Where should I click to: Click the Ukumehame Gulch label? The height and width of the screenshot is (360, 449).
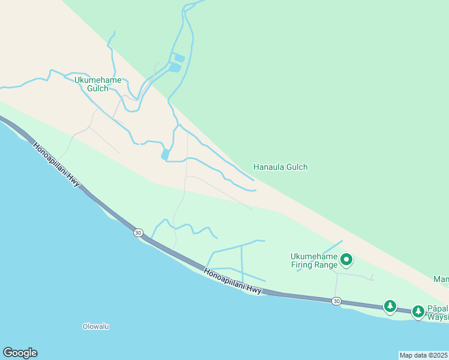pyautogui.click(x=98, y=84)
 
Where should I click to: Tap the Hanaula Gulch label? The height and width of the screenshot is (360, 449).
pyautogui.click(x=280, y=167)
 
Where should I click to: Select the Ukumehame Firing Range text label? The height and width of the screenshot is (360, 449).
pyautogui.click(x=314, y=260)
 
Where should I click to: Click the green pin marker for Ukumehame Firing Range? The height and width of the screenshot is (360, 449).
pyautogui.click(x=346, y=260)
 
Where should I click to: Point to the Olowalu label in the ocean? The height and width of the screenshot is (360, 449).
pyautogui.click(x=96, y=327)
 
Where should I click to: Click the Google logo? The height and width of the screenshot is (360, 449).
pyautogui.click(x=20, y=353)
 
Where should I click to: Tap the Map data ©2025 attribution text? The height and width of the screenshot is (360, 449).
pyautogui.click(x=424, y=355)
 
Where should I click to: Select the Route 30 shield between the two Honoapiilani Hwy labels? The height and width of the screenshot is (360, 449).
pyautogui.click(x=139, y=233)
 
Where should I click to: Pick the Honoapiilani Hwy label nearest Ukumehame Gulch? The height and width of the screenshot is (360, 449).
pyautogui.click(x=57, y=164)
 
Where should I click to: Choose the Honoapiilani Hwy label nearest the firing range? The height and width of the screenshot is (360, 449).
pyautogui.click(x=233, y=281)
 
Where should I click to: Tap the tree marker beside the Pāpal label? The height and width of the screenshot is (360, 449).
pyautogui.click(x=418, y=311)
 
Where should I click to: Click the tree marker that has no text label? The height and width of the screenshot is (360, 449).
pyautogui.click(x=390, y=307)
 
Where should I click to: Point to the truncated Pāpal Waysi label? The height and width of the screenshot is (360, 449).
pyautogui.click(x=438, y=313)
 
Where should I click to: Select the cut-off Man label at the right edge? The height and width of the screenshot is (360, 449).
pyautogui.click(x=441, y=279)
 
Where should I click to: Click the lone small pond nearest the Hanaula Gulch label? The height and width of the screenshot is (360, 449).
pyautogui.click(x=165, y=154)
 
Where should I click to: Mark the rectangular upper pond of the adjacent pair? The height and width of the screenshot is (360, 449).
pyautogui.click(x=178, y=58)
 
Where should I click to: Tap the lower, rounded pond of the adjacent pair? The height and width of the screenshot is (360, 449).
pyautogui.click(x=175, y=68)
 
